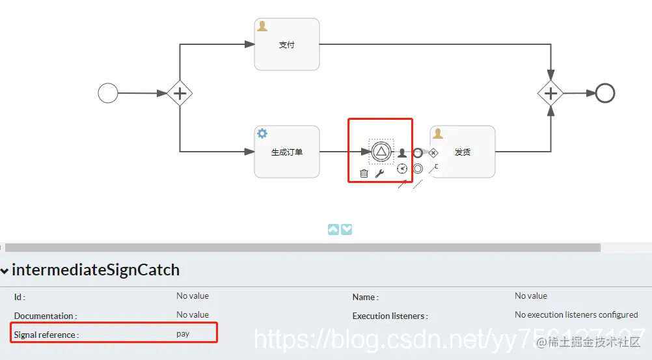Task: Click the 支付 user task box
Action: (287, 44)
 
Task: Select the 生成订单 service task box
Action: (287, 152)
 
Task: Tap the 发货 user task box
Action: (463, 152)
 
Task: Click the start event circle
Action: (108, 93)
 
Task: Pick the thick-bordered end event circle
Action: (605, 93)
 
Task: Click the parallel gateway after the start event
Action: (180, 94)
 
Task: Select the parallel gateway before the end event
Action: (550, 94)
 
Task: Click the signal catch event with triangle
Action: (381, 152)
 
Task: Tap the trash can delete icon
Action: (364, 173)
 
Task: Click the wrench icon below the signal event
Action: (380, 173)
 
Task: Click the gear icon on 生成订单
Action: (262, 133)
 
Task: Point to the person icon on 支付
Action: (262, 26)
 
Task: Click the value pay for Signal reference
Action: (183, 334)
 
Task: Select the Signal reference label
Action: (46, 335)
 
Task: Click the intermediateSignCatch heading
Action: (96, 270)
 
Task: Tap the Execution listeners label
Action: (390, 316)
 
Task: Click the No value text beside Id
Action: (193, 296)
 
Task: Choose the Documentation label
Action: (45, 316)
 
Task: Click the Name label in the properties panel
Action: (365, 297)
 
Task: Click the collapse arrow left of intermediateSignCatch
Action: (5, 270)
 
